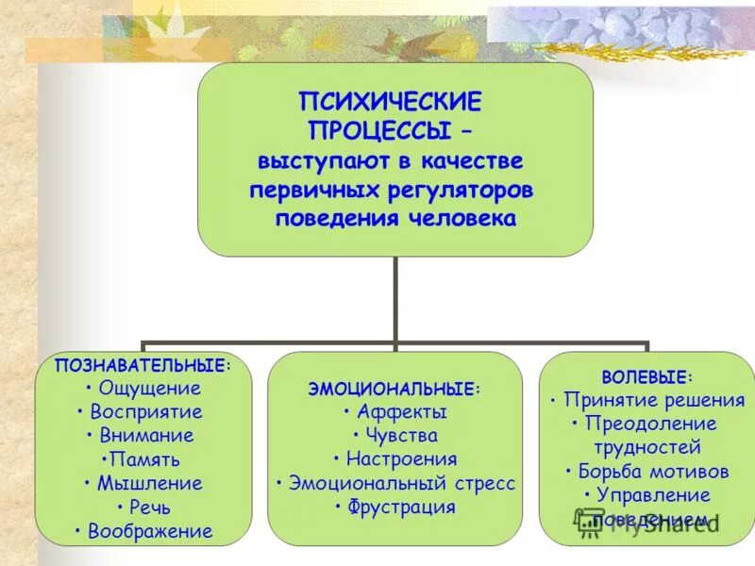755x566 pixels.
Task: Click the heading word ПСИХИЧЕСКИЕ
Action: coord(391,100)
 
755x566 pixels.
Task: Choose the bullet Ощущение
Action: coord(149,388)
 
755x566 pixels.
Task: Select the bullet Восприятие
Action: coord(146,412)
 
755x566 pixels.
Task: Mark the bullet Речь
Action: coord(149,508)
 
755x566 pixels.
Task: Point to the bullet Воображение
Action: coord(149,532)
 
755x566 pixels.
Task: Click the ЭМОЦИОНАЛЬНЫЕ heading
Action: coord(394,388)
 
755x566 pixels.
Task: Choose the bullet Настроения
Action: coord(400,460)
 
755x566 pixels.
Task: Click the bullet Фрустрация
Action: coord(400,508)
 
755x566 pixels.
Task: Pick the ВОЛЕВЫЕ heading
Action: coord(646,376)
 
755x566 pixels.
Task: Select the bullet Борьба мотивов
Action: coord(652,471)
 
